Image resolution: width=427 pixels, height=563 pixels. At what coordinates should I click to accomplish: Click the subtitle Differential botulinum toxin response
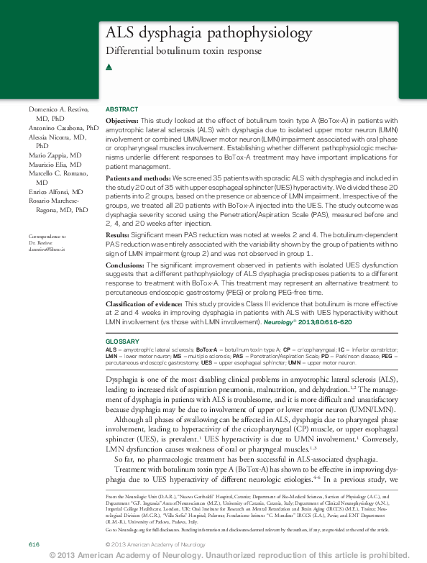click(183, 51)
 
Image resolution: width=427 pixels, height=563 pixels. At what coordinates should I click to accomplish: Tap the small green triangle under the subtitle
click(109, 67)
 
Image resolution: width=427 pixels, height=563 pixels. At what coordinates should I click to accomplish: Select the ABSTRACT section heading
click(122, 109)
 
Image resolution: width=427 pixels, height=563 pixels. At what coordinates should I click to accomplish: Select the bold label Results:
click(118, 234)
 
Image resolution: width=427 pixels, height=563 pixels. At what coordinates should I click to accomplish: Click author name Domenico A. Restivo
click(58, 109)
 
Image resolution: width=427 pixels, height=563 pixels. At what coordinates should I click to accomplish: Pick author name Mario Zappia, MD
click(55, 155)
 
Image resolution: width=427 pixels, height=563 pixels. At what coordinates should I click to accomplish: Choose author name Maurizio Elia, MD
click(55, 165)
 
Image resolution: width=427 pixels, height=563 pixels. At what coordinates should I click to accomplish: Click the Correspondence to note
click(47, 237)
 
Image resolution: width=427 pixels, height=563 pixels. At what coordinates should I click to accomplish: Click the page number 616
click(34, 544)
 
